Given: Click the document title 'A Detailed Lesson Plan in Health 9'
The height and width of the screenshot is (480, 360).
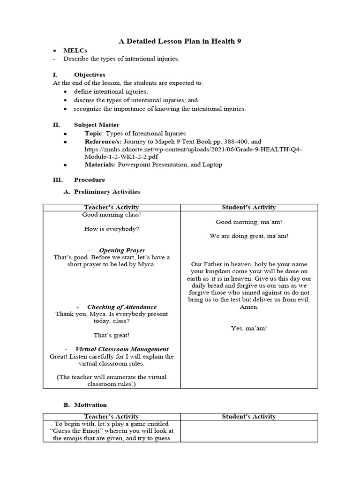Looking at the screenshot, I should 180,42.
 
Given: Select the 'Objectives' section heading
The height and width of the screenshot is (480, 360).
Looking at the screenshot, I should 90,75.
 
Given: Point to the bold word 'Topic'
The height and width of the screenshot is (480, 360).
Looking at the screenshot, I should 92,134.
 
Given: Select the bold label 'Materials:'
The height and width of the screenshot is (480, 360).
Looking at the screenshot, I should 100,165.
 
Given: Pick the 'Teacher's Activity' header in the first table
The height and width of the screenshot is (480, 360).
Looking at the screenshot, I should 111,207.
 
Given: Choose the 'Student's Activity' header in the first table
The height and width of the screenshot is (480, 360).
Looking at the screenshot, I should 249,207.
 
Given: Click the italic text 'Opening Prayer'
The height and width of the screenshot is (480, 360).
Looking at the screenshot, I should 122,250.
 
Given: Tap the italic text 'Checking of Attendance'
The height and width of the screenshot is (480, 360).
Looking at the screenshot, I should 121,307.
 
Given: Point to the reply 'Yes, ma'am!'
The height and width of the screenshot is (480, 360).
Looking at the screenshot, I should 249,328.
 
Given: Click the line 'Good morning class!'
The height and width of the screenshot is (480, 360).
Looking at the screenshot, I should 111,215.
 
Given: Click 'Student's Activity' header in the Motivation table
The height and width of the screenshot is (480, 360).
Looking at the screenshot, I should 249,416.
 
